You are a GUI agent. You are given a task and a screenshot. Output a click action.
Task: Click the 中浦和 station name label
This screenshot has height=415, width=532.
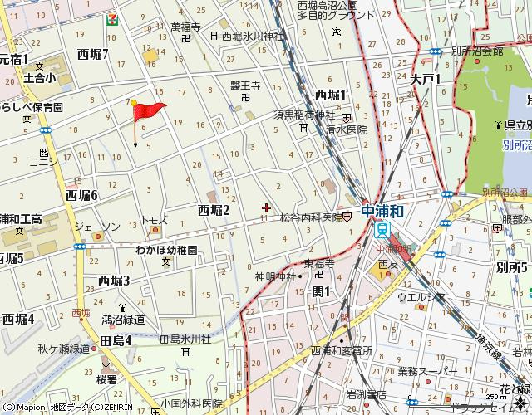point(383,211)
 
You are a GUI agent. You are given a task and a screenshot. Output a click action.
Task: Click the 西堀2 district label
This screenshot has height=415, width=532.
point(213,210)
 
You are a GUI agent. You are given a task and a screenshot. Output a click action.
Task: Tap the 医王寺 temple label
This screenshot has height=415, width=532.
point(245,85)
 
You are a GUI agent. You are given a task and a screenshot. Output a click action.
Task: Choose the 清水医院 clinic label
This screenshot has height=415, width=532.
point(346,130)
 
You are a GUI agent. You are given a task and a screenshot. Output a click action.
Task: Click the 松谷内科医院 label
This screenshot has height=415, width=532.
point(312,217)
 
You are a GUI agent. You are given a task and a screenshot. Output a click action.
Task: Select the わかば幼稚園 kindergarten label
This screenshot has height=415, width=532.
point(166,249)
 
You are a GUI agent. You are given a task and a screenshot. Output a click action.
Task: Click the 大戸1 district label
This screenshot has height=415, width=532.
point(426,80)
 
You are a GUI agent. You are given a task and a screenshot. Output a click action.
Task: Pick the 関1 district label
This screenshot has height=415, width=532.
point(321,290)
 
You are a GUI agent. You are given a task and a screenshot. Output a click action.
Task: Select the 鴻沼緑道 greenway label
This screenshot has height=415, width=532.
point(123,318)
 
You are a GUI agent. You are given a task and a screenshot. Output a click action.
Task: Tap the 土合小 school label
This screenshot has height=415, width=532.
point(39,78)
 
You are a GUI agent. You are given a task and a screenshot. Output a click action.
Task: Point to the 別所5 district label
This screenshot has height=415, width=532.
point(512,267)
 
